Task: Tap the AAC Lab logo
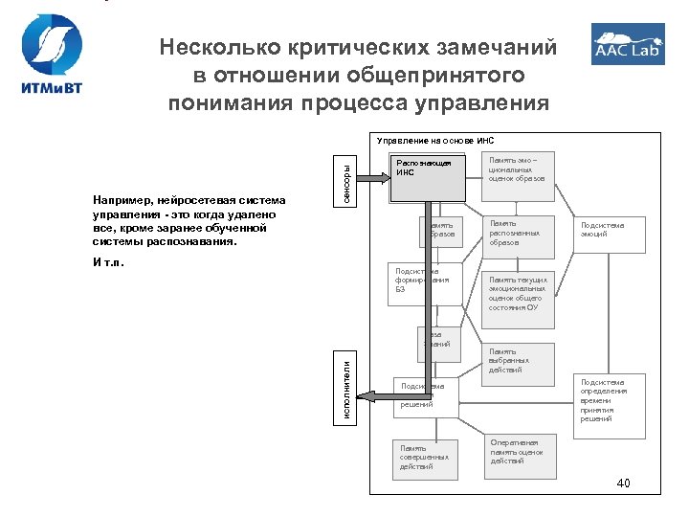click(628, 45)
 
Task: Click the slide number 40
click(623, 482)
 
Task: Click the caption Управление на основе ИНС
click(434, 140)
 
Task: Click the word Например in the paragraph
click(122, 200)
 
